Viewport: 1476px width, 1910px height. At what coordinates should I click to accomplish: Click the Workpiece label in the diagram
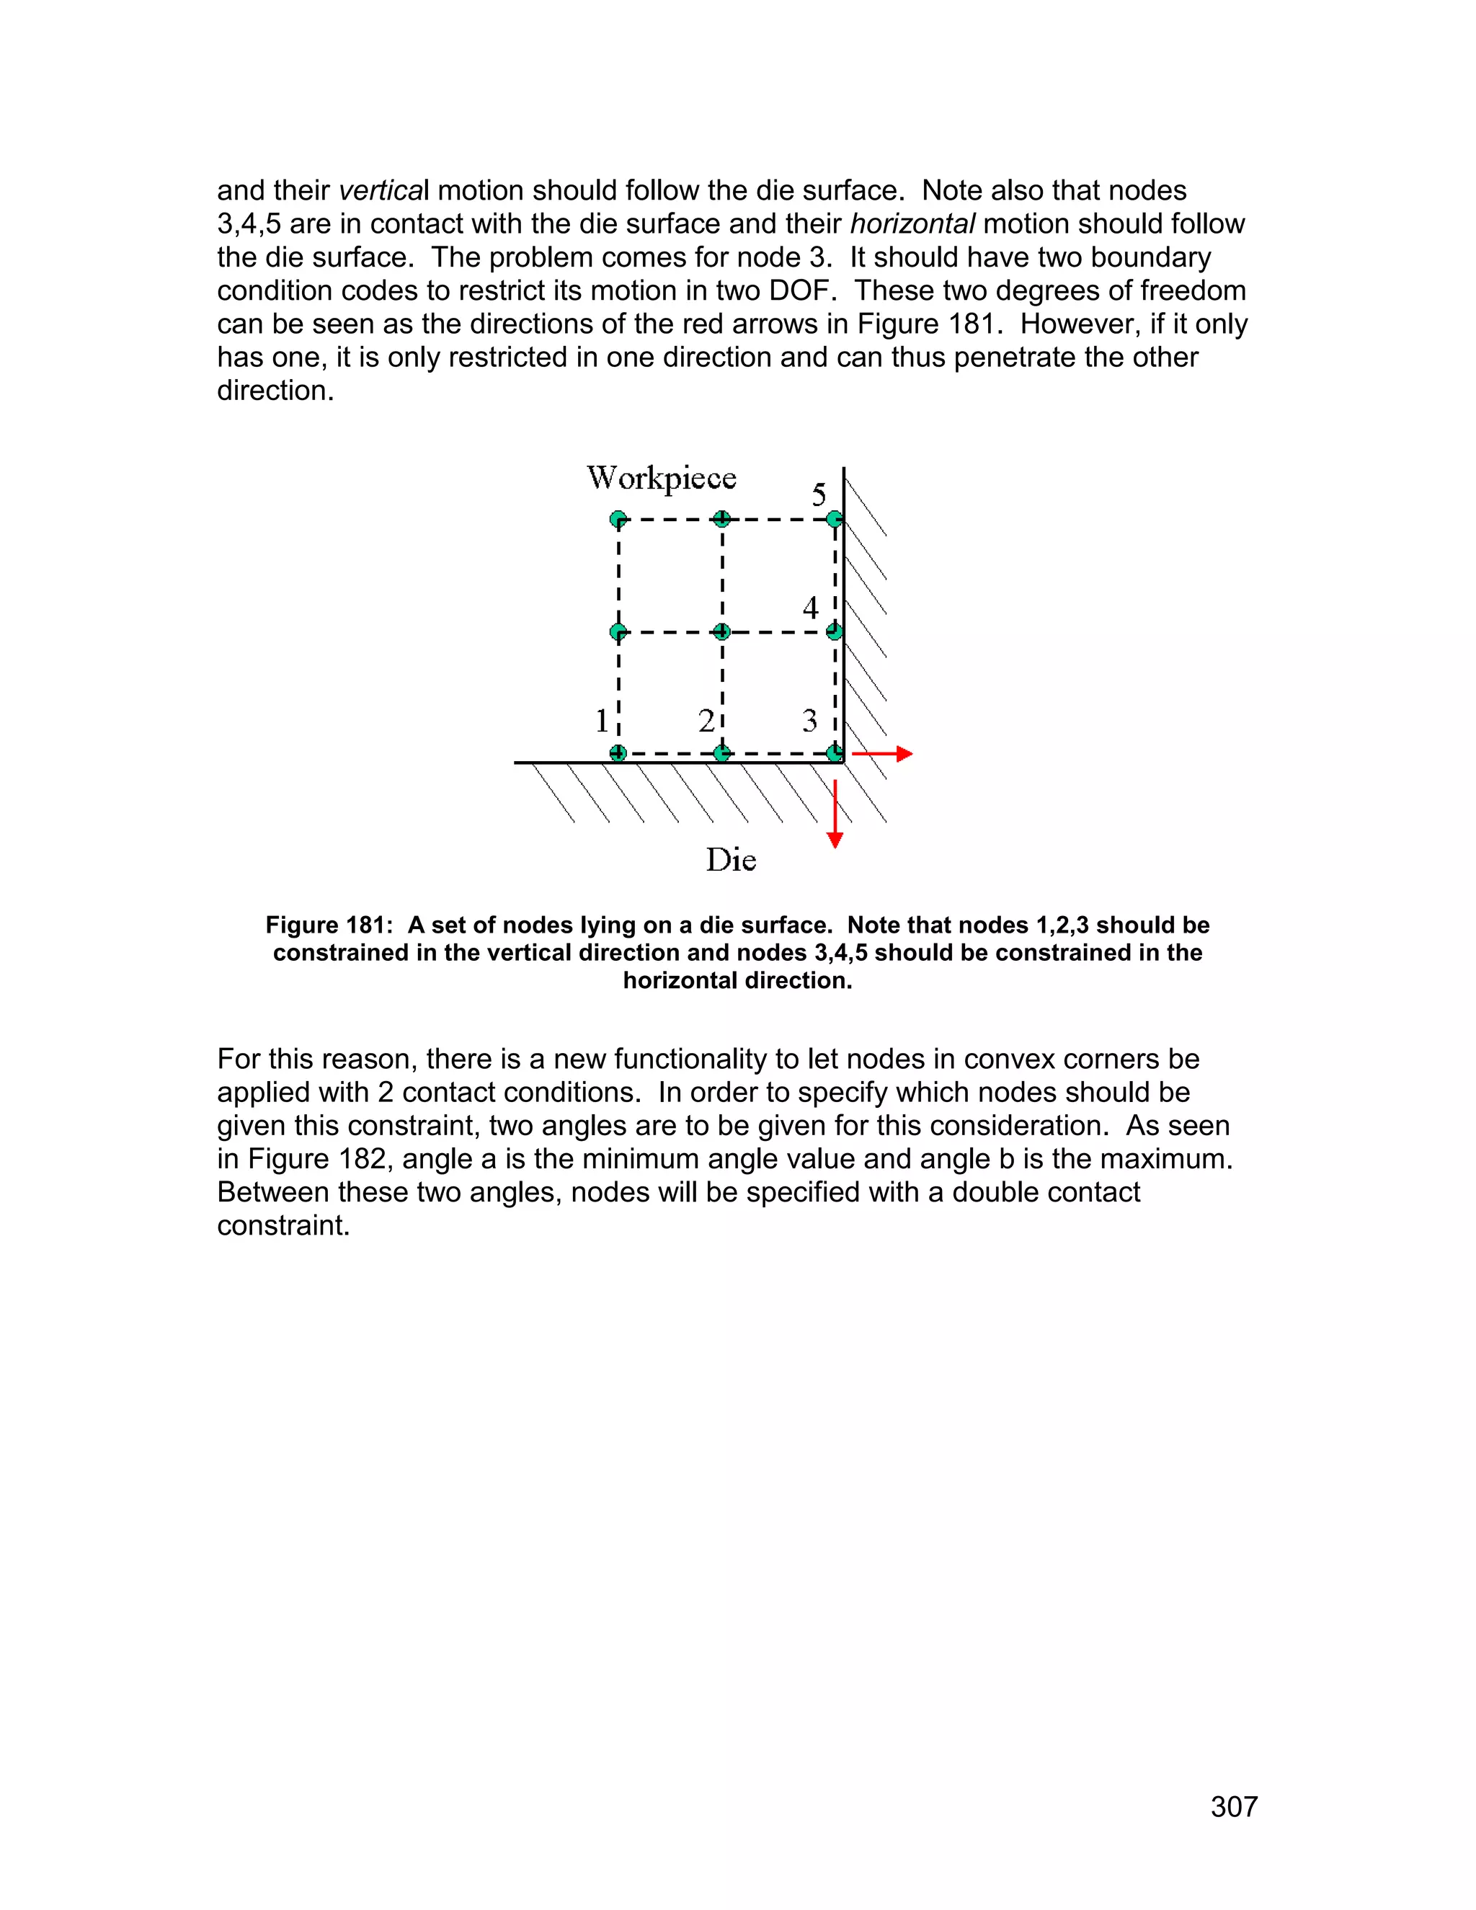pos(661,479)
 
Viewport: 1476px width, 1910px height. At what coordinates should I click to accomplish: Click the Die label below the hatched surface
pos(730,861)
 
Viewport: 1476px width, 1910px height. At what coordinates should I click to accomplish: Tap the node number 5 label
pos(819,495)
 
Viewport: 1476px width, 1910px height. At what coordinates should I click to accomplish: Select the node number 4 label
pos(811,608)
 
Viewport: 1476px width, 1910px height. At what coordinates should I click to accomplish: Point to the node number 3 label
pos(809,721)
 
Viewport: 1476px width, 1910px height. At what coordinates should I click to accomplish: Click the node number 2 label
pos(706,721)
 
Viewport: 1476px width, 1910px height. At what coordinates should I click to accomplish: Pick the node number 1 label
pos(602,721)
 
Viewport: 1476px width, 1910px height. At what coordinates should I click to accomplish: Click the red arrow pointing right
pos(883,753)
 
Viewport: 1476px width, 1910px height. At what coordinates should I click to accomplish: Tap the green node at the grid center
pos(721,631)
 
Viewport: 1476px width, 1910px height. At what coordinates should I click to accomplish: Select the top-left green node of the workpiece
pos(618,520)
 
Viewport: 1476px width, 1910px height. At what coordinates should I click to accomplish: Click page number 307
pos(1233,1807)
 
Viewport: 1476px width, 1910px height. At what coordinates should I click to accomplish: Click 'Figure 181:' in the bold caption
pos(329,925)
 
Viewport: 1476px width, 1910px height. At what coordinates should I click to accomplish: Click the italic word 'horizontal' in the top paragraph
pos(912,224)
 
